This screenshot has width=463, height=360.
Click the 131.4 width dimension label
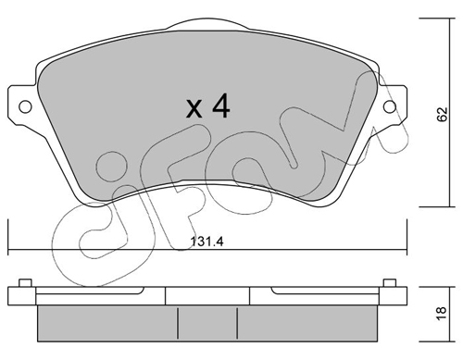tap(207, 242)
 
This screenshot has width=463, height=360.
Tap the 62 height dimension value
tap(443, 115)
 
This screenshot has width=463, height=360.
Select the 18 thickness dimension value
tap(443, 314)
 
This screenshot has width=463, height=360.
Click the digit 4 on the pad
tap(220, 106)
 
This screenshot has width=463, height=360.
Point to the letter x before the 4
tap(194, 110)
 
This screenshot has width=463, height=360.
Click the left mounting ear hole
tap(25, 107)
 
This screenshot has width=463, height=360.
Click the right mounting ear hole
tap(390, 107)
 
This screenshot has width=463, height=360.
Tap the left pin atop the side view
tap(25, 283)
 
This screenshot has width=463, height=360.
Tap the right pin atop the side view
tap(390, 283)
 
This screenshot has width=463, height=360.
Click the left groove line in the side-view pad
tap(178, 323)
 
